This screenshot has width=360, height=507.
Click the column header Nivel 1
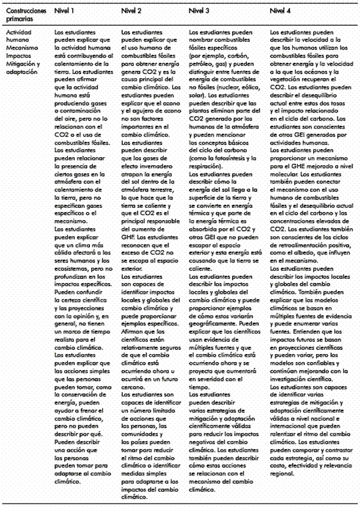click(x=65, y=11)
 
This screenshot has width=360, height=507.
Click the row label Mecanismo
click(x=18, y=48)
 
